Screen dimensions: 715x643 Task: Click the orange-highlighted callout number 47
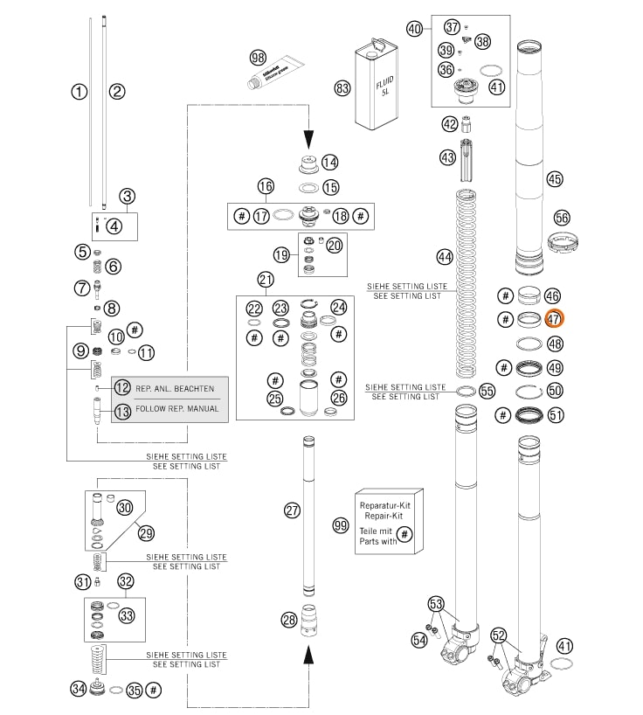click(x=554, y=319)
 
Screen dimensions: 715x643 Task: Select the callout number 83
click(x=342, y=87)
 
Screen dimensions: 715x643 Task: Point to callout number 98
click(x=257, y=57)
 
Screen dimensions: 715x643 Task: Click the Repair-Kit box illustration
click(x=389, y=521)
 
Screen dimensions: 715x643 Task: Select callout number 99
click(x=341, y=524)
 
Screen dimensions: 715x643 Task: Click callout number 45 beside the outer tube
click(x=554, y=179)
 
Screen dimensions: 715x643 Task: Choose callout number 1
click(x=80, y=90)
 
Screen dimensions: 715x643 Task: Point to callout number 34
click(x=79, y=689)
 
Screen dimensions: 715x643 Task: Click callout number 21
click(x=266, y=280)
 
